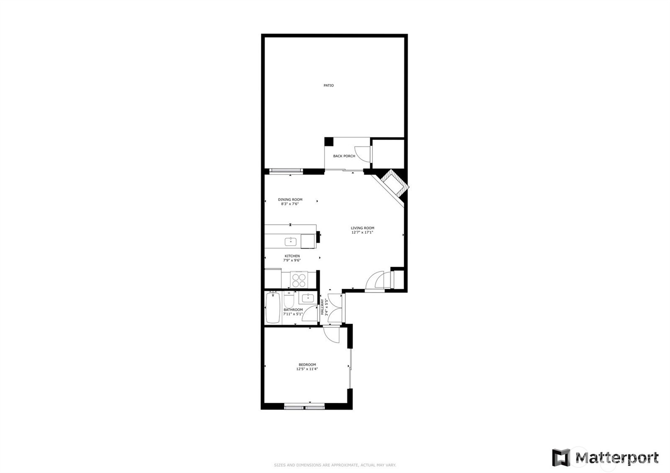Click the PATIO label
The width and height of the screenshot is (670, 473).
[329, 85]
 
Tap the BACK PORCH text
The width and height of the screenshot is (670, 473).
[344, 156]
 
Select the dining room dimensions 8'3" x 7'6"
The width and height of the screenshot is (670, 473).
[290, 204]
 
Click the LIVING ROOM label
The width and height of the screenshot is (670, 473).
[362, 228]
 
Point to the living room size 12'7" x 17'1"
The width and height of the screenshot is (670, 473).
[362, 232]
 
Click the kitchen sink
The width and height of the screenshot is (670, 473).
[291, 242]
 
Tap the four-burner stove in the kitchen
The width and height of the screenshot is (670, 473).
[299, 279]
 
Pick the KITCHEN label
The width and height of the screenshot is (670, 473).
[292, 256]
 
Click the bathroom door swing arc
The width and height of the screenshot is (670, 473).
[310, 313]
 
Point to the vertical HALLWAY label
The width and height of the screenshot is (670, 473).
[322, 307]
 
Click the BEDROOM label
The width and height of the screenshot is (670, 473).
[307, 365]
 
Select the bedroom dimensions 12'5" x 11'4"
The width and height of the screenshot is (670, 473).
[307, 369]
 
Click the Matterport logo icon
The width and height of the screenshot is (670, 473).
[561, 458]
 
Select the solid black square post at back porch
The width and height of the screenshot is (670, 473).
[329, 141]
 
